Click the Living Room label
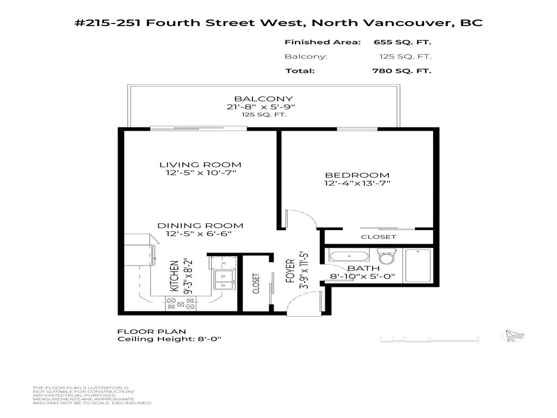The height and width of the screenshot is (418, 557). pyautogui.click(x=200, y=164)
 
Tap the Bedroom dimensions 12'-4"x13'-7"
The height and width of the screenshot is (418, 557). pyautogui.click(x=357, y=183)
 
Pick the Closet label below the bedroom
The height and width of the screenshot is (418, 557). pyautogui.click(x=379, y=237)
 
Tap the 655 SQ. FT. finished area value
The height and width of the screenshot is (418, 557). pyautogui.click(x=403, y=42)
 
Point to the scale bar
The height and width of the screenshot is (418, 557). pyautogui.click(x=430, y=339)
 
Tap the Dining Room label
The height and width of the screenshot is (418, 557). pyautogui.click(x=200, y=225)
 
